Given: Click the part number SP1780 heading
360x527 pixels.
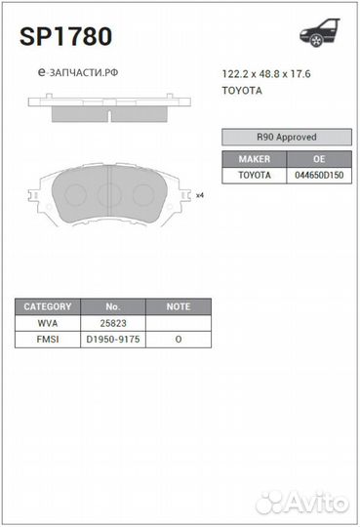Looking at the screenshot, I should pyautogui.click(x=65, y=37).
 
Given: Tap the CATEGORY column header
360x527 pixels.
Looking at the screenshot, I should pyautogui.click(x=47, y=305).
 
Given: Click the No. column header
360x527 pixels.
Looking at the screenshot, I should pyautogui.click(x=112, y=305).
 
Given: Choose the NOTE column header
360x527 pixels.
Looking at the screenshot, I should pyautogui.click(x=178, y=305).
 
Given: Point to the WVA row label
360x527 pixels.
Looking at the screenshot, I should pyautogui.click(x=47, y=322).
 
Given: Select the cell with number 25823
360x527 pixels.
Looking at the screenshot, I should pyautogui.click(x=112, y=322).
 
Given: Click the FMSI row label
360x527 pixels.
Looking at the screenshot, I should pyautogui.click(x=47, y=339).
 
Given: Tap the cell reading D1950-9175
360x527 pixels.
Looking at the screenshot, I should pyautogui.click(x=112, y=339).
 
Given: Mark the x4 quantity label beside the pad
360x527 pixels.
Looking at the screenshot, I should pyautogui.click(x=200, y=195).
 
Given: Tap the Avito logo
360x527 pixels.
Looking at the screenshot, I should pyautogui.click(x=302, y=503).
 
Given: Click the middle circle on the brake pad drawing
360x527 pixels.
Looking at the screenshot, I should pyautogui.click(x=110, y=193).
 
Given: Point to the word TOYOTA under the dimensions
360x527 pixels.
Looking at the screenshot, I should pyautogui.click(x=242, y=90).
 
